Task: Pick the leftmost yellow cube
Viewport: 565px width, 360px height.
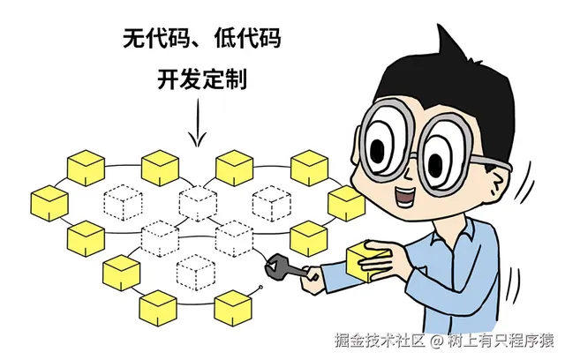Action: click(49, 204)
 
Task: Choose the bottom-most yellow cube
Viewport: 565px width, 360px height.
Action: click(233, 311)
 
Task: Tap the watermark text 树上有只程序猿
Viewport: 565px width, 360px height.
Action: click(501, 340)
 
